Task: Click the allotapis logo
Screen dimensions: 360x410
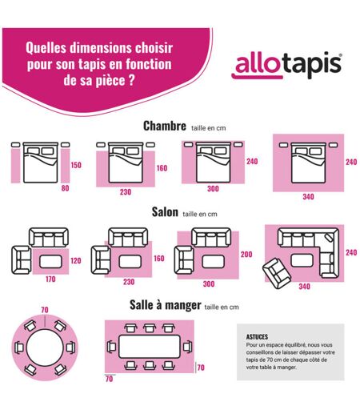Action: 286,66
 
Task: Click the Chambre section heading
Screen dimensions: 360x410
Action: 165,126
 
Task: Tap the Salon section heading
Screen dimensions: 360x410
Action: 165,212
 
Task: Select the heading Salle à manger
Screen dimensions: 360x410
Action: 166,305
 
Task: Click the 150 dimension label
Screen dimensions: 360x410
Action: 76,165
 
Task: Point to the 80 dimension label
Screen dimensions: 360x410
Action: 65,188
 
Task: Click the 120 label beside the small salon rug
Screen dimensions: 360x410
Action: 76,260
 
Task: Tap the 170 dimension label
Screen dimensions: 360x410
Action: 50,279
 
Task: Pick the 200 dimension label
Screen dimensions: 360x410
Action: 246,255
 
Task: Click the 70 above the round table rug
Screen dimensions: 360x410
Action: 45,310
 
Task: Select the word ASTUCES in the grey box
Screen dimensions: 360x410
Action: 257,337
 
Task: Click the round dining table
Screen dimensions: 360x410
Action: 45,348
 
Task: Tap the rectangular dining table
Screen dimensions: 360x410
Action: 150,347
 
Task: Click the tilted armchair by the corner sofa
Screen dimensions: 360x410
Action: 277,273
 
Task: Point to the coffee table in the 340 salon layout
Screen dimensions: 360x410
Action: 302,260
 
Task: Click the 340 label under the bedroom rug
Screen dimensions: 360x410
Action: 308,197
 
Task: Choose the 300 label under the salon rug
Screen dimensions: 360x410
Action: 209,284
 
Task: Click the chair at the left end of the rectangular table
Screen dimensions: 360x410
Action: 112,347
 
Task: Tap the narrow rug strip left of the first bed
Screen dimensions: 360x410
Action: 15,166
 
